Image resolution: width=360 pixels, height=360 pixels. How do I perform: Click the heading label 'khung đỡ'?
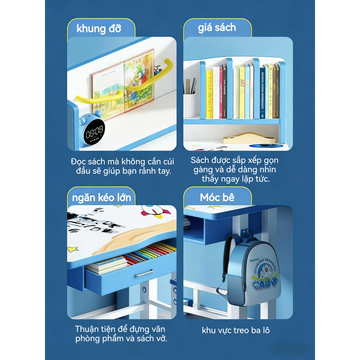coord(98,28)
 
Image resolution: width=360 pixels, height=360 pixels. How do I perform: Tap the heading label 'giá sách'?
coord(217,28)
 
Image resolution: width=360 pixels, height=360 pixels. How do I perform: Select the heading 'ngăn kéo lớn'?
coord(101,197)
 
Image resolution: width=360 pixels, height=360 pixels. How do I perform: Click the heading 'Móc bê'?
coord(217,197)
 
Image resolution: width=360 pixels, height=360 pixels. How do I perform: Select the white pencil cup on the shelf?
coord(189,105)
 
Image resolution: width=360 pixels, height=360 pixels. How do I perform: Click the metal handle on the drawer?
coord(144,272)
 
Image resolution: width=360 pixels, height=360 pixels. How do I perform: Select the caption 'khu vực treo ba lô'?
coord(236,330)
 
